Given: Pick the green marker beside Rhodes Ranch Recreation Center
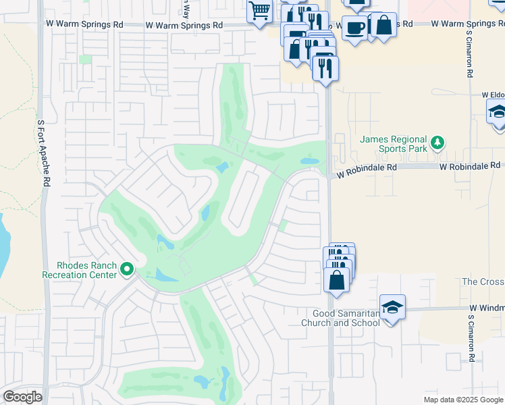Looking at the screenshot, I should tap(126, 271).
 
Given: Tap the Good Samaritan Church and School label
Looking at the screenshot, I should tap(346, 318).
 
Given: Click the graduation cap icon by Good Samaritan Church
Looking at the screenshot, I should tap(392, 308).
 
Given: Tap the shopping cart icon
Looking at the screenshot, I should tap(259, 11).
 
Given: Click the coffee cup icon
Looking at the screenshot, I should tap(354, 28).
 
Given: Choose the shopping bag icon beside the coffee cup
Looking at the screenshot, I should tap(383, 25).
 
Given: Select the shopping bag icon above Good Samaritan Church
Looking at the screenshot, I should tap(336, 279).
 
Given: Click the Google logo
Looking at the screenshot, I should tap(22, 397).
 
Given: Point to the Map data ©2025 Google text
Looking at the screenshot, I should tap(462, 400).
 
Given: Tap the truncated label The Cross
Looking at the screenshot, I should tap(482, 281).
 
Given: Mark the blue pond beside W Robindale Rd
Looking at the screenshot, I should tap(309, 162).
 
